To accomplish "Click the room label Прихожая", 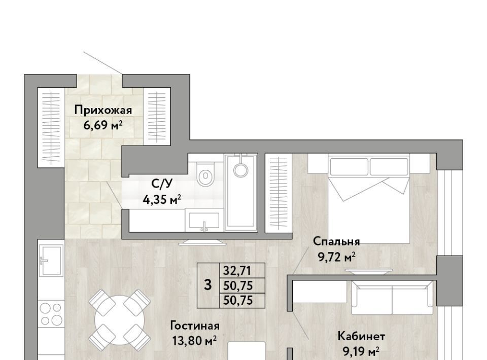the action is point(103,110).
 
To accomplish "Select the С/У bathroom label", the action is point(161,184).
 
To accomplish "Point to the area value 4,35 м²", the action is point(162,200).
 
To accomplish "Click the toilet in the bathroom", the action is point(205,174).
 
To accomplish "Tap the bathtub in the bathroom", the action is point(241,192).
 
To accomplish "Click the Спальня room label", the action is point(336,241).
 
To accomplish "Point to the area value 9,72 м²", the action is point(336,257).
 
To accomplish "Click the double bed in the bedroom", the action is point(368,199).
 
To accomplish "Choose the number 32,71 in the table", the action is point(237,271).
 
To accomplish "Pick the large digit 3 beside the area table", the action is point(208,284).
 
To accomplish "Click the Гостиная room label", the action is point(195,326).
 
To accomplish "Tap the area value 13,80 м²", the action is point(194,341).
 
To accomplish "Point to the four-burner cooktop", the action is point(51,314).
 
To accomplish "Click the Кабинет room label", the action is point(361,336).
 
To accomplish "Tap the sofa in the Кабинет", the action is point(392,297).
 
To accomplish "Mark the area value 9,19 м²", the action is point(361,352).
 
